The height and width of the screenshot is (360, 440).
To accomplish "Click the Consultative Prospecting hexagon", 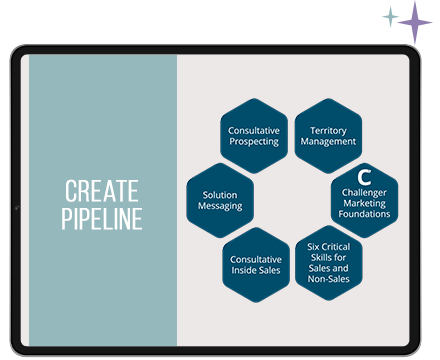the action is click(x=254, y=136).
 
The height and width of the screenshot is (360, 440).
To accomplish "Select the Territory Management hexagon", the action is click(x=328, y=136).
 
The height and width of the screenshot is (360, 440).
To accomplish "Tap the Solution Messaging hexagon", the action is click(x=220, y=200).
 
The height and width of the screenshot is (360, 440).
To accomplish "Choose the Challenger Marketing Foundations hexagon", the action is click(x=365, y=200).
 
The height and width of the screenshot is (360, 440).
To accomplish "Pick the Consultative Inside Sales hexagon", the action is click(x=256, y=265).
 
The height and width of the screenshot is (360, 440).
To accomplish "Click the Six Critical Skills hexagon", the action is click(x=329, y=263).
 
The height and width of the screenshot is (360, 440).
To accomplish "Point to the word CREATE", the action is click(x=102, y=191).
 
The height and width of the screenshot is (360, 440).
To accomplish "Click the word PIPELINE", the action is click(x=102, y=219).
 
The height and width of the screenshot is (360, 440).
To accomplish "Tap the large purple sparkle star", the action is click(x=415, y=22).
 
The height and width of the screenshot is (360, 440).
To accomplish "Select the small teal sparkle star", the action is click(x=391, y=16).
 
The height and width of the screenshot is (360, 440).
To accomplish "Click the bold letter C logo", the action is click(x=364, y=177).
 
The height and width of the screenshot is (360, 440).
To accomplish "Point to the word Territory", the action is click(x=328, y=130).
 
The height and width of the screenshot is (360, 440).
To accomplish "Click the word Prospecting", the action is click(x=254, y=142).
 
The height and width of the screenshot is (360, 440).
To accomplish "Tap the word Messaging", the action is click(x=220, y=206).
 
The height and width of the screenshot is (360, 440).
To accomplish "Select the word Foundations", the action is click(x=364, y=214).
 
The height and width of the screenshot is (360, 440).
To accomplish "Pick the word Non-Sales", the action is click(x=329, y=279).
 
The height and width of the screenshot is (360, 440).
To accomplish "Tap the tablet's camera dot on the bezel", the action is click(x=17, y=208).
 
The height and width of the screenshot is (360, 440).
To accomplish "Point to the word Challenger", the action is click(x=364, y=193).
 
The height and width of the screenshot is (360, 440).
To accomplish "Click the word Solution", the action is click(x=220, y=195).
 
